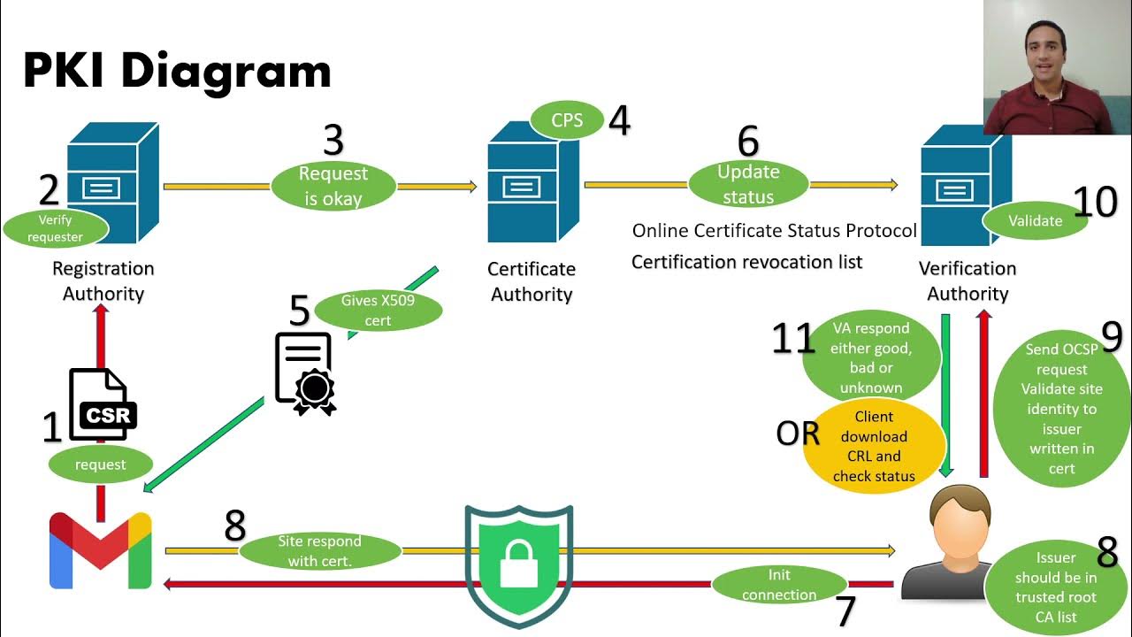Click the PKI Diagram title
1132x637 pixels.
pos(177,71)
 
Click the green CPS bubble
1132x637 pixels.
pos(567,120)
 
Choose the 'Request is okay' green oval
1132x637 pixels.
pos(333,187)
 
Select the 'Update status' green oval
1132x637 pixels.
pos(748,184)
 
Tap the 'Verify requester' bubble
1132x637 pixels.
pos(55,228)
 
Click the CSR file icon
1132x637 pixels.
pos(103,404)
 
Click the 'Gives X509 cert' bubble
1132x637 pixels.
pos(378,310)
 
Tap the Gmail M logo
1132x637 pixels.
pos(101,550)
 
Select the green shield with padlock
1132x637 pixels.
pos(519,564)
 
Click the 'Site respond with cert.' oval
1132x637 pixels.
pos(320,550)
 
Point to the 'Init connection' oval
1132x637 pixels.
pos(779,585)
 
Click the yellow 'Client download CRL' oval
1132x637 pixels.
pos(873,446)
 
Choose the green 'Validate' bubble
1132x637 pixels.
pos(1035,220)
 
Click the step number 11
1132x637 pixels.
pos(792,339)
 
